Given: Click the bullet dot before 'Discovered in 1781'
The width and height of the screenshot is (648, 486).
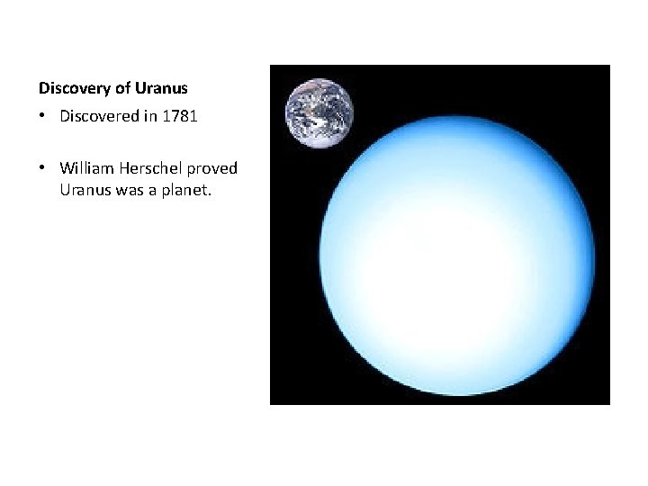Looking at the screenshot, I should coord(42,117).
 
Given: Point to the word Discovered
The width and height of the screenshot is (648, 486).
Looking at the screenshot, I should coord(99,117).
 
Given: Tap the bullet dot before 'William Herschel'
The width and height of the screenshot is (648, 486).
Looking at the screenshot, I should coord(42,167).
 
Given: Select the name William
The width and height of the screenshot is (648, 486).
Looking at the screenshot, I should coord(86,167).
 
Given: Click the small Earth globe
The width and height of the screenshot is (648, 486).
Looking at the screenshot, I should coord(319,112).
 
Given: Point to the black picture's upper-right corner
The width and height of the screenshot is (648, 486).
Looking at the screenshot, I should coord(608,67).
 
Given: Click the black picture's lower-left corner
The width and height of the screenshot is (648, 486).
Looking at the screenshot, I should coord(272,402).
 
